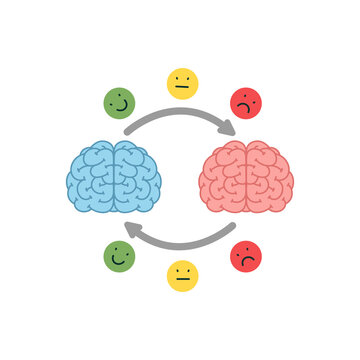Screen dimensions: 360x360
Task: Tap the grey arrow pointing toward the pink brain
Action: pos(180,113)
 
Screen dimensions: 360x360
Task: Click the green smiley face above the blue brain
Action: pos(119,102)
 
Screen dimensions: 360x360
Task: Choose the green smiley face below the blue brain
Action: pos(119,256)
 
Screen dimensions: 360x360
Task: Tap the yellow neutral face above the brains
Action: pos(182,83)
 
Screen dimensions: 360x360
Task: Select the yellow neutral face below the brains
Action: pos(182,275)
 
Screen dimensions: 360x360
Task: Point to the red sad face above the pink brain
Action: pos(245,102)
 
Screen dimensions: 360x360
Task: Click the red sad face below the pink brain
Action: pos(245,256)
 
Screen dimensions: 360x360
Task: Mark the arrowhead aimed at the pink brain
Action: pos(228,126)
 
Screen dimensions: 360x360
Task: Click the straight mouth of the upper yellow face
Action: pos(182,89)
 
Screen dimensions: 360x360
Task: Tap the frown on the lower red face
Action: pos(245,262)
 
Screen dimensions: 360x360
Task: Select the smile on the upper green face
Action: pos(121,108)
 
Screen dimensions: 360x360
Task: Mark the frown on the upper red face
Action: pos(245,108)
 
